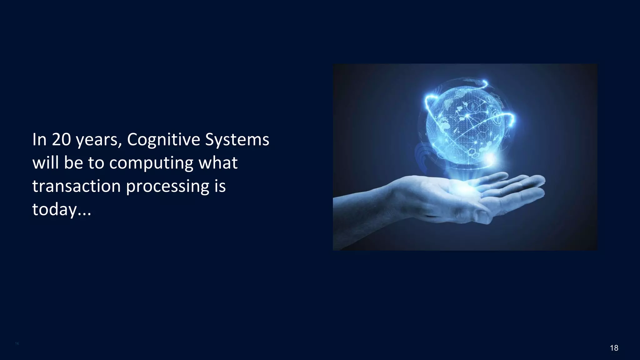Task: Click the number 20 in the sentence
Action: [61, 140]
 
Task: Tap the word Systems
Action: [237, 140]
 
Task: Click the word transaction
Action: [76, 186]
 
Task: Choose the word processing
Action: [167, 187]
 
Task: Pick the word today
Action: [54, 210]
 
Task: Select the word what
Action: [218, 163]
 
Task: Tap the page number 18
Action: [614, 348]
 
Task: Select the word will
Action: [46, 163]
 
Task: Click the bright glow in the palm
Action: [466, 187]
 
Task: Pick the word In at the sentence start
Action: [39, 140]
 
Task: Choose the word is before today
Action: [220, 186]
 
